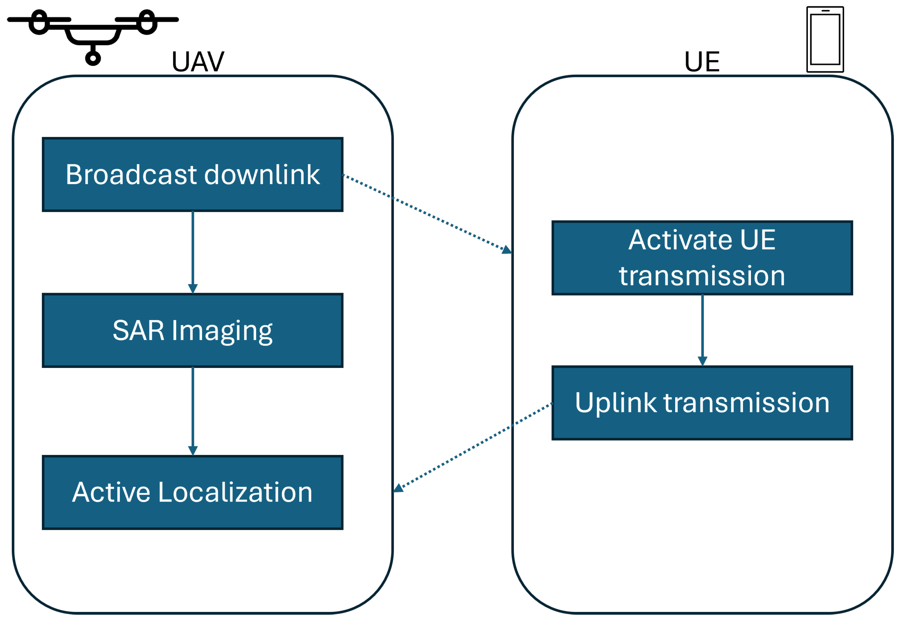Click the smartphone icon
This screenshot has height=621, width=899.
pyautogui.click(x=825, y=39)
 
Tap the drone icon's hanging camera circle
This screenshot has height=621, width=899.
pyautogui.click(x=93, y=58)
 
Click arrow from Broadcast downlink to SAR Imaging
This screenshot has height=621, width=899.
pyautogui.click(x=193, y=251)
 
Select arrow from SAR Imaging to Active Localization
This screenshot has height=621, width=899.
pyautogui.click(x=193, y=410)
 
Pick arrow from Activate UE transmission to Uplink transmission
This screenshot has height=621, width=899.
pyautogui.click(x=702, y=330)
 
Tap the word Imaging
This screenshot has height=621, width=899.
pyautogui.click(x=222, y=331)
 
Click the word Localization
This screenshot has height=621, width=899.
pyautogui.click(x=235, y=493)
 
